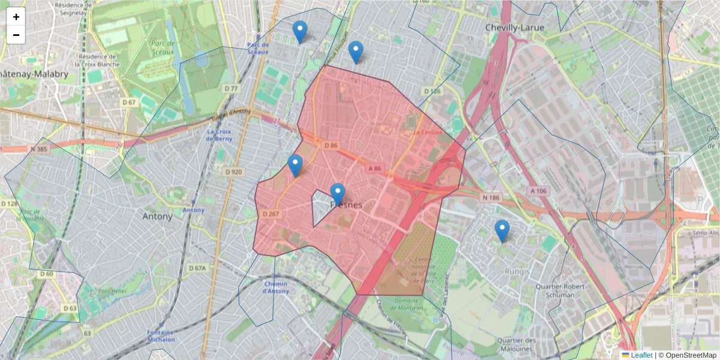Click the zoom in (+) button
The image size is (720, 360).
(16, 17)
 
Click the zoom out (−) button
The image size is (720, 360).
(16, 35)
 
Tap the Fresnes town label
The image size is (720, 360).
(347, 205)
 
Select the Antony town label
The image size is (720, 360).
(157, 216)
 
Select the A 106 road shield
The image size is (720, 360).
(538, 191)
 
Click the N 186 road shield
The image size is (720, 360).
(490, 197)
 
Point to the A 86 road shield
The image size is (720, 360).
(373, 169)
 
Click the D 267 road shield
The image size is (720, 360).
(271, 214)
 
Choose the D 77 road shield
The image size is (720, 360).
(231, 89)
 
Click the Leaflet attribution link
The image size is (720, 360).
(641, 355)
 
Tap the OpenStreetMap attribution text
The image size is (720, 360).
(688, 355)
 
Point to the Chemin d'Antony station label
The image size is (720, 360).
(275, 287)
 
